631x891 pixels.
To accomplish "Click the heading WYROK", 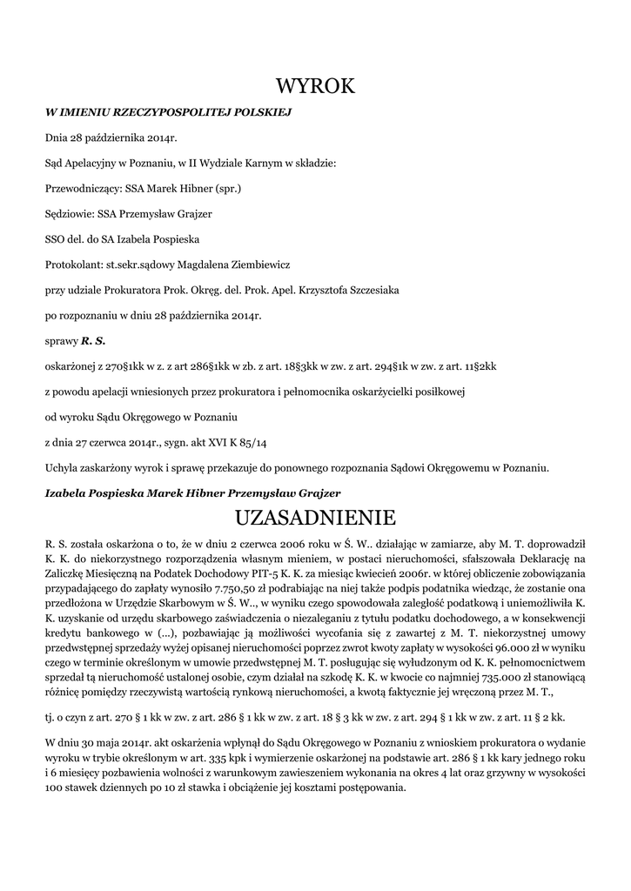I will [x=315, y=86].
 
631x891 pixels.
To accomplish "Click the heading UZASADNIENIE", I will [x=315, y=518].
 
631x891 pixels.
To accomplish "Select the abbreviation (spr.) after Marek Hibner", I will [x=227, y=187].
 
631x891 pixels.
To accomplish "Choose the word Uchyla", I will [x=61, y=467].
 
